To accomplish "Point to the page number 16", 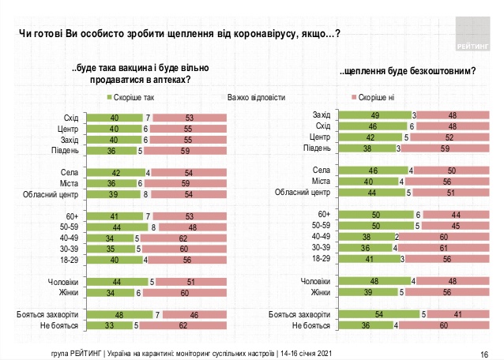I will [483, 353].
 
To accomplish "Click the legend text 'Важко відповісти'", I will [256, 99].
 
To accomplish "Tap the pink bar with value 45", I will [453, 224].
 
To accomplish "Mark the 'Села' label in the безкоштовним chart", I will [321, 169].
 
